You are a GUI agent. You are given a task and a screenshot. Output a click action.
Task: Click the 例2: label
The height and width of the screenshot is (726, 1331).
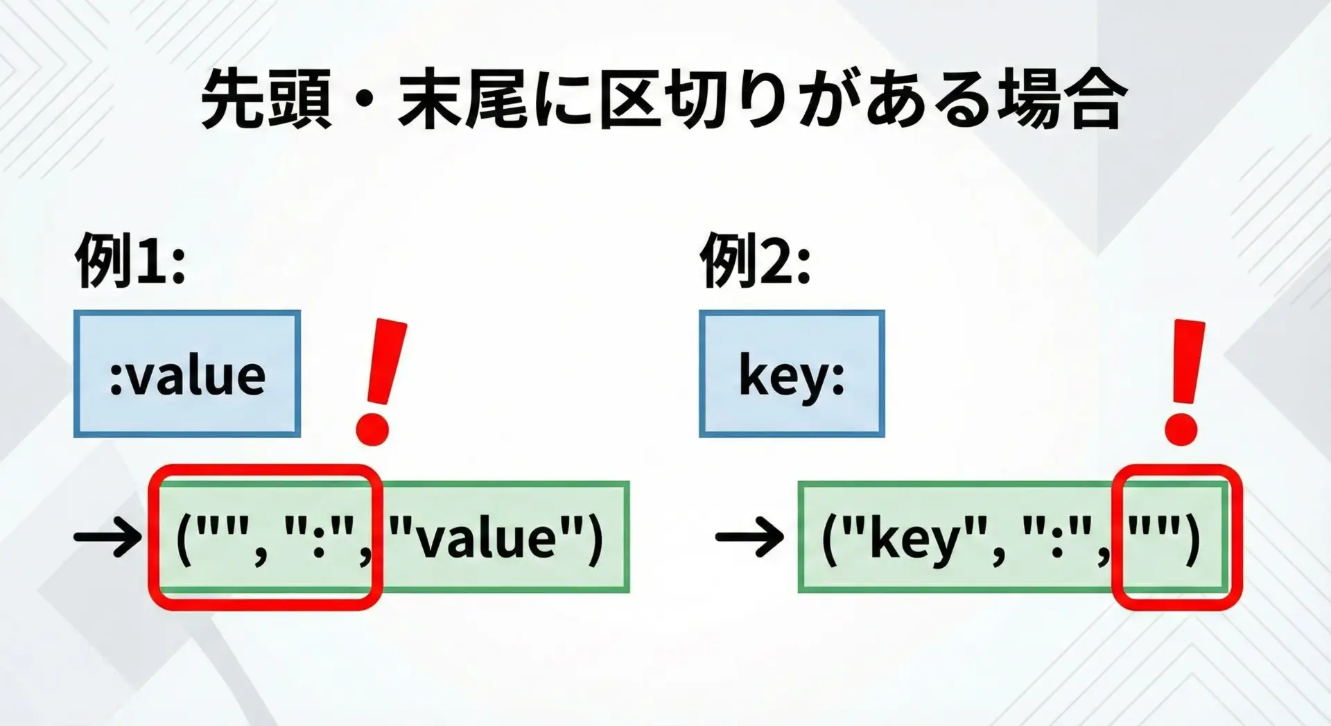(756, 260)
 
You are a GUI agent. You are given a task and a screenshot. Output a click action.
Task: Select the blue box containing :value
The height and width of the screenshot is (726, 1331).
(187, 374)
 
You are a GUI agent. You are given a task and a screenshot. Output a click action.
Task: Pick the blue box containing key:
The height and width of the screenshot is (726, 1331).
(792, 374)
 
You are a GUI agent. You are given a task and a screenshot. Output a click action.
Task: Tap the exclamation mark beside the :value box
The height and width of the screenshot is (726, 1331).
(380, 381)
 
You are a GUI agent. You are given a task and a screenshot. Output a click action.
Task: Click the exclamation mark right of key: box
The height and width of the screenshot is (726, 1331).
(1184, 381)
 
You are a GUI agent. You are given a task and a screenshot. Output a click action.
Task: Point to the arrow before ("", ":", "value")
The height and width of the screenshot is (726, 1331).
(107, 537)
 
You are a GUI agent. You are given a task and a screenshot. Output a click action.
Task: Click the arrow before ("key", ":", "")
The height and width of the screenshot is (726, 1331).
(749, 537)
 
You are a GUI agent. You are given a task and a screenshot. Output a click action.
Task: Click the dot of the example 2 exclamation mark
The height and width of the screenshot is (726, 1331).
(1181, 429)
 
